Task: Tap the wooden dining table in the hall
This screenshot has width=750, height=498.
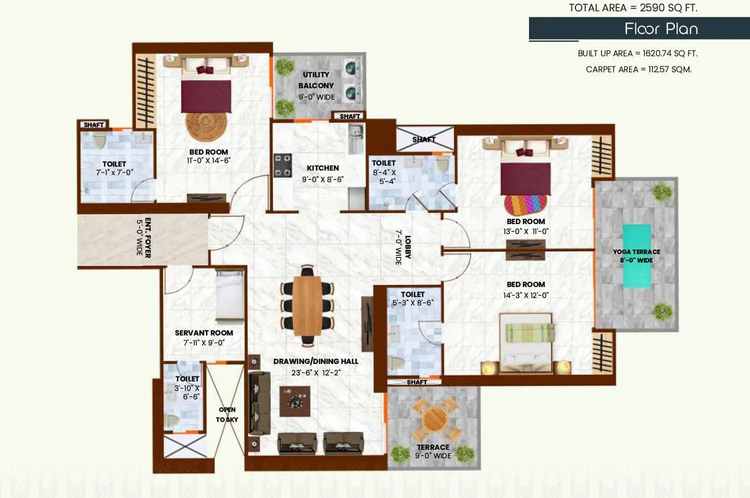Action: click(x=306, y=305)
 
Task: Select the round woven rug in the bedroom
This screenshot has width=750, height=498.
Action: click(x=205, y=125)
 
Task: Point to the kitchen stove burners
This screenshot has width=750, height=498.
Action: click(x=282, y=165)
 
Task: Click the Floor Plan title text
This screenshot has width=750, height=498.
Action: click(x=661, y=29)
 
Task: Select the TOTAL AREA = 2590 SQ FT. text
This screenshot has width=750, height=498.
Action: click(x=632, y=8)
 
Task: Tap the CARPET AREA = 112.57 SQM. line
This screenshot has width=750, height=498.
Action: click(x=638, y=69)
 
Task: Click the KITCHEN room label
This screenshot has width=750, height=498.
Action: click(x=322, y=168)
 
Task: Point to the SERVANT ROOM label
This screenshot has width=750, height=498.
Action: click(x=204, y=333)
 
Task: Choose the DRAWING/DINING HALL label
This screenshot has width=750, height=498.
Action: click(x=315, y=361)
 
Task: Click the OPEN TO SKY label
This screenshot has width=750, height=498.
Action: click(x=227, y=414)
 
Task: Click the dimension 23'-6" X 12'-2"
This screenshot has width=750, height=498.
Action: click(x=315, y=373)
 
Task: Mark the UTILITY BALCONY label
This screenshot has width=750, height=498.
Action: click(x=316, y=80)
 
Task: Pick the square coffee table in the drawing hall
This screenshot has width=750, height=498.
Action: click(x=294, y=401)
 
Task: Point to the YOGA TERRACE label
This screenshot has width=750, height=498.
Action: click(x=636, y=252)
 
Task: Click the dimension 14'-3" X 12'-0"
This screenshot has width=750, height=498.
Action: click(x=525, y=295)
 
